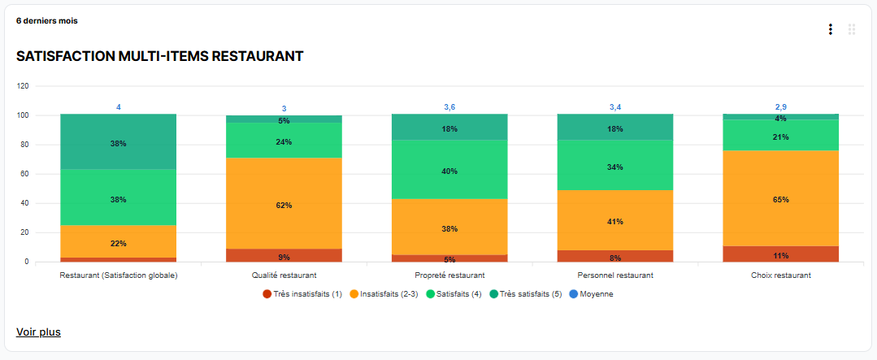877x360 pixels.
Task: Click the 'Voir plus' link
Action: (38, 332)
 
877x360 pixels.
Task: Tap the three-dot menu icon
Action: (830, 29)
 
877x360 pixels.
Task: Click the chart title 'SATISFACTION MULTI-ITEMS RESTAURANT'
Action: (160, 56)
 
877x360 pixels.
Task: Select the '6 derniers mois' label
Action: (47, 20)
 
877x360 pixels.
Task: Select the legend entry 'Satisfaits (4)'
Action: (455, 293)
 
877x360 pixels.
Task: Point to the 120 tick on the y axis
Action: (23, 85)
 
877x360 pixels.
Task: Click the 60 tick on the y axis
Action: (24, 174)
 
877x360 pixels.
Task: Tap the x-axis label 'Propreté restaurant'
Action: (449, 275)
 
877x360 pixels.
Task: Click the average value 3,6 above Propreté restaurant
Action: (449, 107)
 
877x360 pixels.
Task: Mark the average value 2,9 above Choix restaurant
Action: (780, 107)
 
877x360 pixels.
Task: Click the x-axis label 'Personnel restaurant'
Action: (614, 275)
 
